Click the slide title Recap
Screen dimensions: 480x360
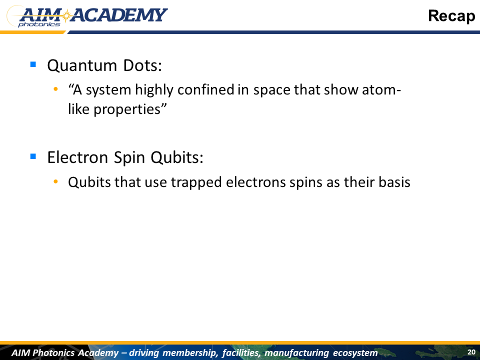pos(451,16)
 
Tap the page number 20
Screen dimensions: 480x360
pos(471,352)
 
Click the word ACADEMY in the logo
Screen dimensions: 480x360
pos(119,15)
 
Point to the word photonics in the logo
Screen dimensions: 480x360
pos(39,24)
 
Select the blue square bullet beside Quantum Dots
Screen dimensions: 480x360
pos(33,64)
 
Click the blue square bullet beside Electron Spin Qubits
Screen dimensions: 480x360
pos(33,156)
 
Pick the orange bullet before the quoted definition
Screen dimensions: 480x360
pos(55,89)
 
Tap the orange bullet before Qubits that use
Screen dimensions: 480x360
pos(55,182)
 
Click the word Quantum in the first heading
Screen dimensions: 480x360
pos(82,65)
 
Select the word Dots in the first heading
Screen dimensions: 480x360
pos(142,65)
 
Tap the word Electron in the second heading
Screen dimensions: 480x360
pos(77,157)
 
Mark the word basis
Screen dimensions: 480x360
pos(394,182)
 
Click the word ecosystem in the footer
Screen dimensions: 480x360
pos(355,352)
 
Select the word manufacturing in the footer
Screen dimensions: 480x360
pos(296,352)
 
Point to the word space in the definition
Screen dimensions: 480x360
pos(271,90)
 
